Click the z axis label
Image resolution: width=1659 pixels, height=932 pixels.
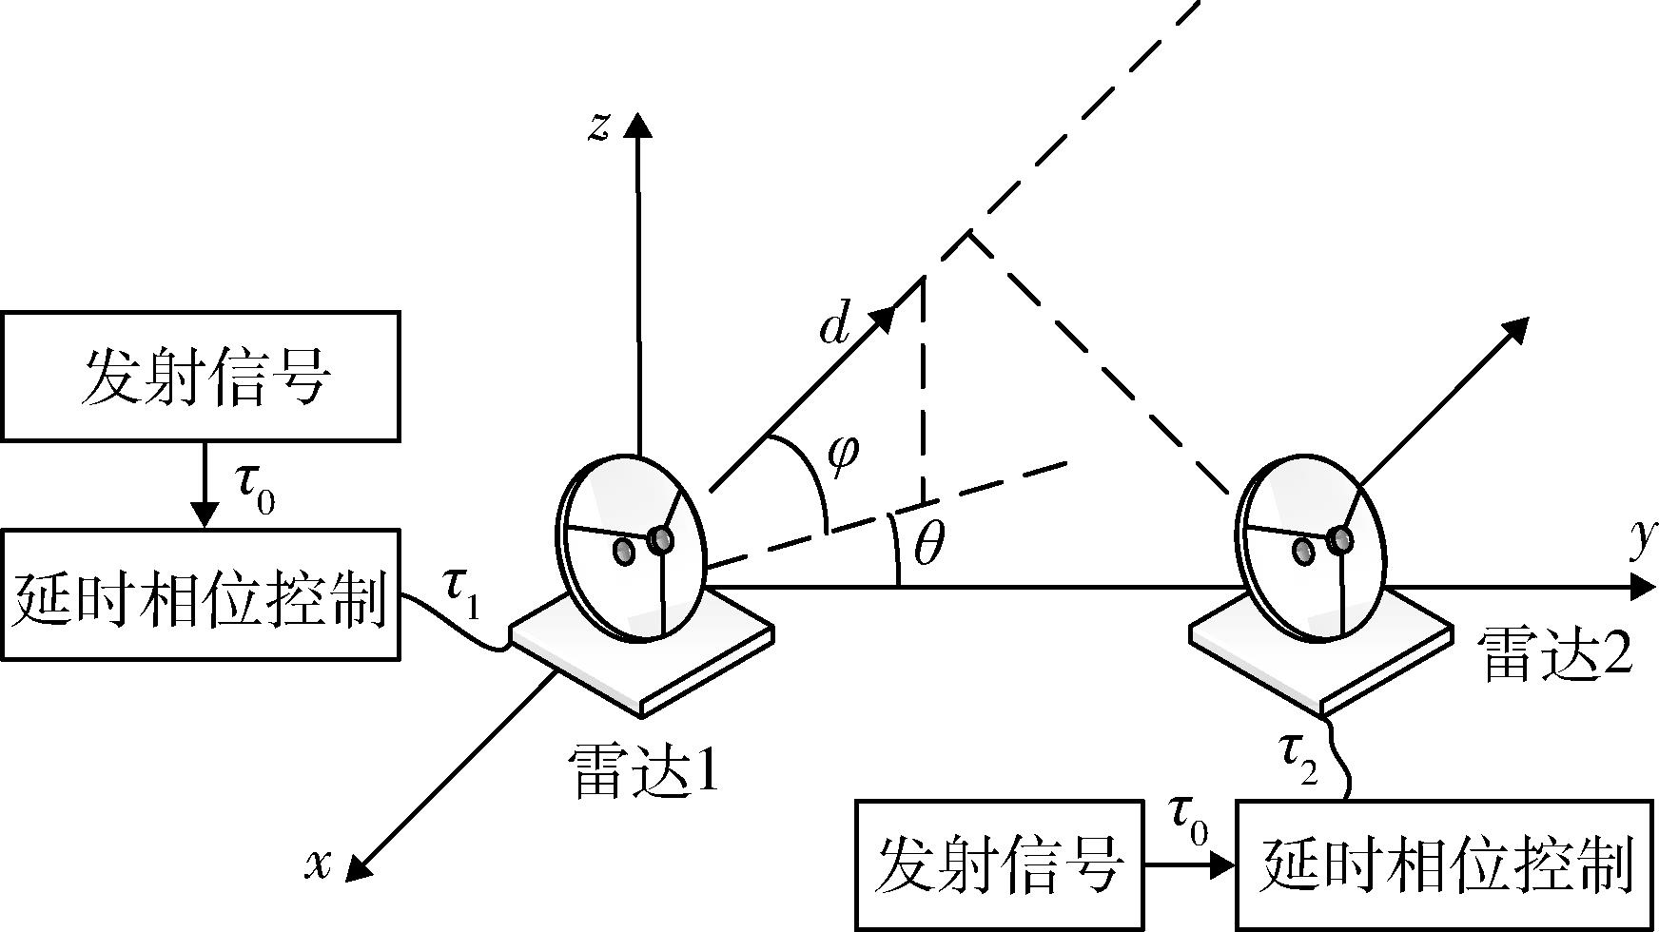click(x=598, y=127)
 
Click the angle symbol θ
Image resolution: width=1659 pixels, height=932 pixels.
click(x=928, y=544)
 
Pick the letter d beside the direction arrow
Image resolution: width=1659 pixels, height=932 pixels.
click(x=834, y=326)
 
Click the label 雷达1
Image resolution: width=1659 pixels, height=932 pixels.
click(x=643, y=768)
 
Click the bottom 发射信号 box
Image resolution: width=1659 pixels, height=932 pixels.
click(x=999, y=865)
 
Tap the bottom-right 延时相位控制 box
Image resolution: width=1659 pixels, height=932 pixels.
click(x=1446, y=865)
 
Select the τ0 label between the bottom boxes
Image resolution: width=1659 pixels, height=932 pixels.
click(x=1188, y=820)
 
